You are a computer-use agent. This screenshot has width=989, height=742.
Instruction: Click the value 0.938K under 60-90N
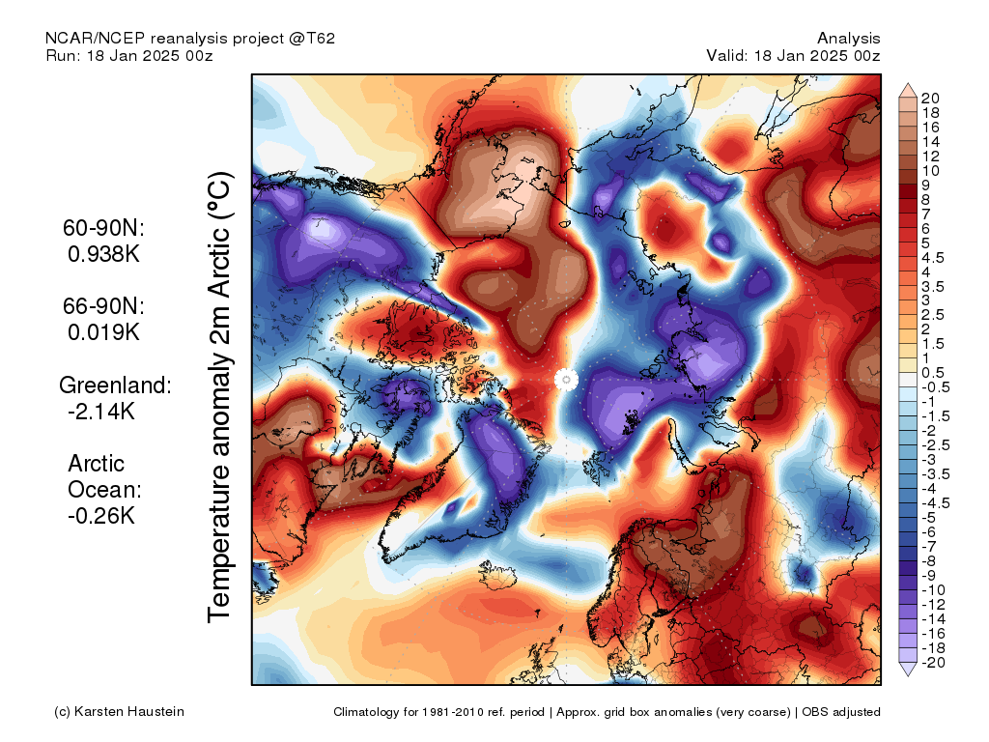(103, 254)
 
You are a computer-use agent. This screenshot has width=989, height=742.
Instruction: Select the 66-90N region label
(103, 306)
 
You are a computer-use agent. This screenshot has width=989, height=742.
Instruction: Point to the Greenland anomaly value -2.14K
(100, 412)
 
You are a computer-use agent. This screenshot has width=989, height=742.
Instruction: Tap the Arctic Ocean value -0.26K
(100, 516)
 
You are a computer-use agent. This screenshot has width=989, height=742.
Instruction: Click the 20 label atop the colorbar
(930, 99)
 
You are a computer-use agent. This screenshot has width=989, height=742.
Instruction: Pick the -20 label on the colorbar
(933, 663)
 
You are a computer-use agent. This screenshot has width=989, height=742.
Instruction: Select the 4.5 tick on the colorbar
(933, 258)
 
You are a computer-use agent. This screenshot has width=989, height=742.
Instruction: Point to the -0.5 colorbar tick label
(935, 387)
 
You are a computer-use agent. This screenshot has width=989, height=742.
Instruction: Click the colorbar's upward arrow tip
(908, 83)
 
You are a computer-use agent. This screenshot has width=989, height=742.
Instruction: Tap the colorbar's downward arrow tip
(908, 675)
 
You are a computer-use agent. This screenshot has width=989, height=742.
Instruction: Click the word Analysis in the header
(848, 39)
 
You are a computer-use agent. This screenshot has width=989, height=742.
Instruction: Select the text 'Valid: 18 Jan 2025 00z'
(793, 55)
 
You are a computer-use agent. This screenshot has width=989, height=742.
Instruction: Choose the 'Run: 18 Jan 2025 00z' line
(129, 55)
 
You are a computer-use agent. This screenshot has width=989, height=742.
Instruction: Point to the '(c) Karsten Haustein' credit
(119, 712)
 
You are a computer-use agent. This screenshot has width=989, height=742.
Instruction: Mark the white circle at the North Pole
(566, 380)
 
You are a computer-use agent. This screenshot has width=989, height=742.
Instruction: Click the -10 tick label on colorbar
(933, 590)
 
